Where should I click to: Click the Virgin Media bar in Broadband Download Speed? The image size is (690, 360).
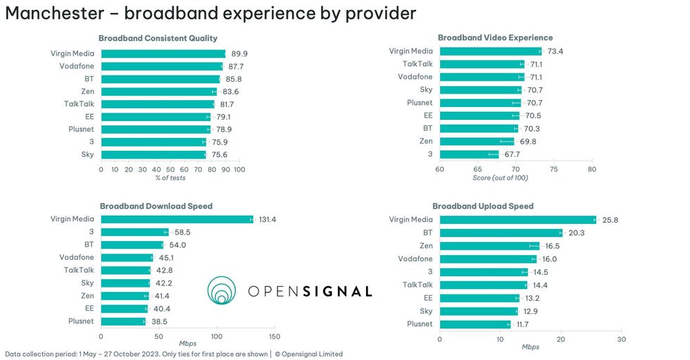click(177, 219)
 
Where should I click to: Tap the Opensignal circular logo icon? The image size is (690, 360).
click(222, 290)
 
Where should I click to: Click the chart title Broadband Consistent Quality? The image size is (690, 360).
click(158, 38)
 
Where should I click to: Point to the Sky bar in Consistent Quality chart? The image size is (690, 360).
click(153, 155)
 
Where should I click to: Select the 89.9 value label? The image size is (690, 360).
click(239, 54)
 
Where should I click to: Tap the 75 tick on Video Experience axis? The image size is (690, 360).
click(553, 169)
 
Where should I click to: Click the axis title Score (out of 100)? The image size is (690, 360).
click(501, 178)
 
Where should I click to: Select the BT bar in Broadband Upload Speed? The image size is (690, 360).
click(501, 232)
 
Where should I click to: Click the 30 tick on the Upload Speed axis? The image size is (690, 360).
click(621, 339)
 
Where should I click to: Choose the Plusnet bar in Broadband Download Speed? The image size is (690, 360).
click(123, 321)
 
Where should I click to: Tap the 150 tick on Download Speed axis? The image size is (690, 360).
click(275, 337)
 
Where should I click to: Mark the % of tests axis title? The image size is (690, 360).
click(170, 178)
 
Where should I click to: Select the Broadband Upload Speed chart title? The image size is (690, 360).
click(482, 206)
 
